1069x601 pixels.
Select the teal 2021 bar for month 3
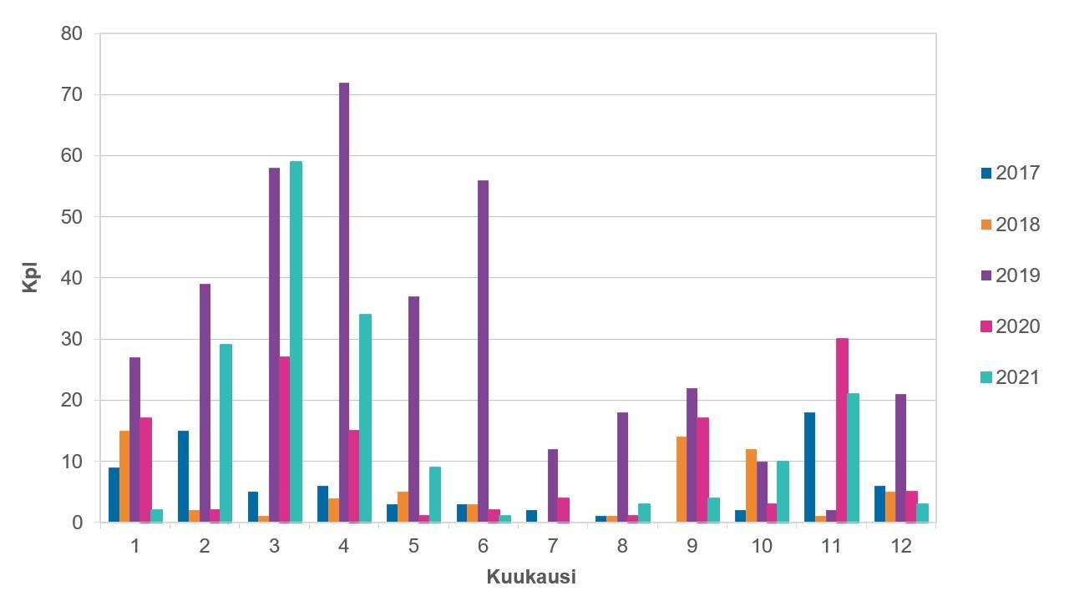[x=296, y=341]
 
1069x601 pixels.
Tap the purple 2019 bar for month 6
[x=484, y=351]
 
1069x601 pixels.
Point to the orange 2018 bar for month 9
[x=681, y=479]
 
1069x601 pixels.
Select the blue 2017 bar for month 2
[x=184, y=476]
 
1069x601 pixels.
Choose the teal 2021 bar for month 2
[x=225, y=433]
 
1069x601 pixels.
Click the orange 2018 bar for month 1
[x=124, y=476]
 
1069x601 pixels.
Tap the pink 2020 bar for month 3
[x=285, y=439]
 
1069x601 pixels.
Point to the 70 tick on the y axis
[x=73, y=95]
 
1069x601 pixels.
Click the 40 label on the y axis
[x=73, y=278]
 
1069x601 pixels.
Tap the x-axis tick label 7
[x=553, y=547]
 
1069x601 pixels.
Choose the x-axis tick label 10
[x=762, y=547]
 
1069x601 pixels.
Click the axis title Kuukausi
[x=531, y=577]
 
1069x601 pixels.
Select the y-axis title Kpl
[x=30, y=278]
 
